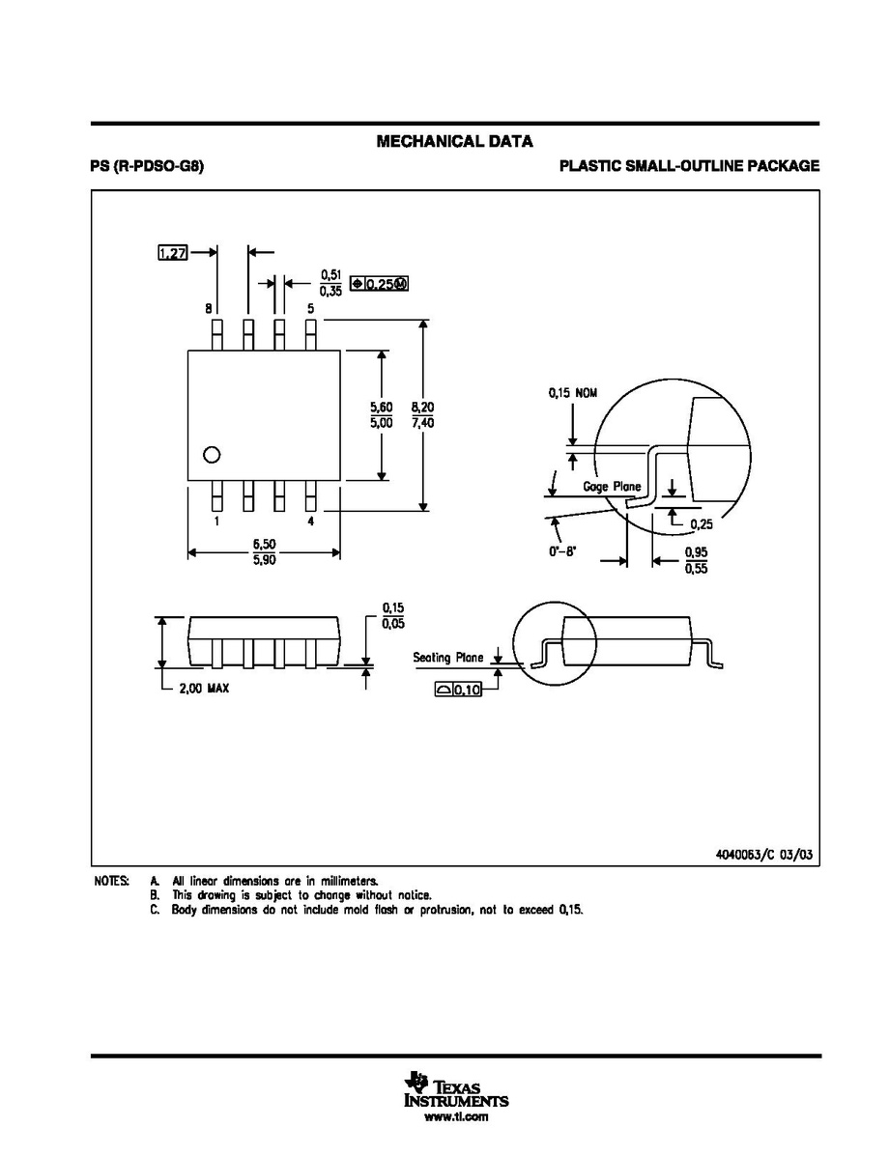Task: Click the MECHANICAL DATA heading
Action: pyautogui.click(x=454, y=141)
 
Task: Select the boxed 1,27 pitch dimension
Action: pyautogui.click(x=173, y=253)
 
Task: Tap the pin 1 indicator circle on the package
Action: pyautogui.click(x=211, y=454)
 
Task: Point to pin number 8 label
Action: pyautogui.click(x=209, y=308)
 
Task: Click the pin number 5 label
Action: pyautogui.click(x=310, y=308)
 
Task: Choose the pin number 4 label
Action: pyautogui.click(x=310, y=522)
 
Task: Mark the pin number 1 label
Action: pyautogui.click(x=216, y=522)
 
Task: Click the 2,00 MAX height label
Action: pyautogui.click(x=204, y=689)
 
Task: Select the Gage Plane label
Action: pyautogui.click(x=612, y=487)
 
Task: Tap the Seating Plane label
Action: pyautogui.click(x=447, y=657)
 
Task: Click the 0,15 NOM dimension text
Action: pyautogui.click(x=572, y=393)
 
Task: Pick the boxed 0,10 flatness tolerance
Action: pyautogui.click(x=458, y=691)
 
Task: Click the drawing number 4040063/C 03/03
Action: pyautogui.click(x=764, y=855)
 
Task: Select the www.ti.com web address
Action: pyautogui.click(x=456, y=1117)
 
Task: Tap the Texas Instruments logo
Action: pyautogui.click(x=456, y=1090)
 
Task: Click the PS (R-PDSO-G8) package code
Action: pyautogui.click(x=148, y=166)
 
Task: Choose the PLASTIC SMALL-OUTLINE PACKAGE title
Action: pyautogui.click(x=689, y=166)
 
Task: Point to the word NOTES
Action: pyautogui.click(x=112, y=881)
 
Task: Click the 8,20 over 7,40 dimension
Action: pyautogui.click(x=422, y=415)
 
